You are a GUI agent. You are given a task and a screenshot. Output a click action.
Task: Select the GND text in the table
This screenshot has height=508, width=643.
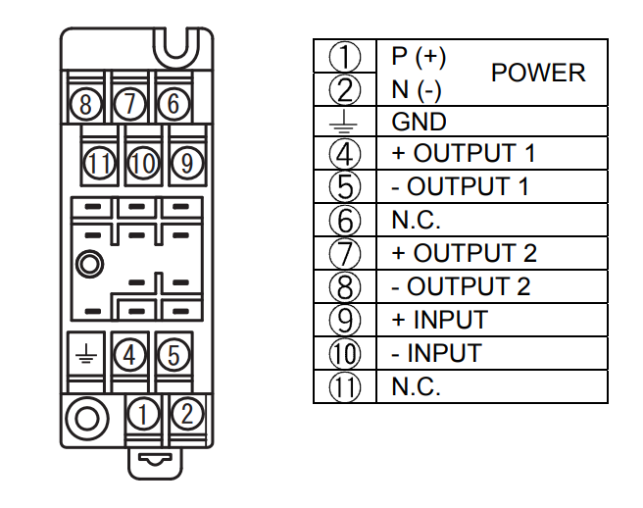[419, 122]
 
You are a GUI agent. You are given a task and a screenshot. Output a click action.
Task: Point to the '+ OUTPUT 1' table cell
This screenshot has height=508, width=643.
[463, 154]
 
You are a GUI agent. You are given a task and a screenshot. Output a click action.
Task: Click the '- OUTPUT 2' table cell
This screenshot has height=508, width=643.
[461, 286]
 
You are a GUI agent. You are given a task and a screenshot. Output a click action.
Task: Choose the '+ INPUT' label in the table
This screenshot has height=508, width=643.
[439, 320]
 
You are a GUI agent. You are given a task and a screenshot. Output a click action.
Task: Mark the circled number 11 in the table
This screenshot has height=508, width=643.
[345, 386]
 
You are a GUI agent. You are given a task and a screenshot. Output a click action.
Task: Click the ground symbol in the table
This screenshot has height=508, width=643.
[345, 122]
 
